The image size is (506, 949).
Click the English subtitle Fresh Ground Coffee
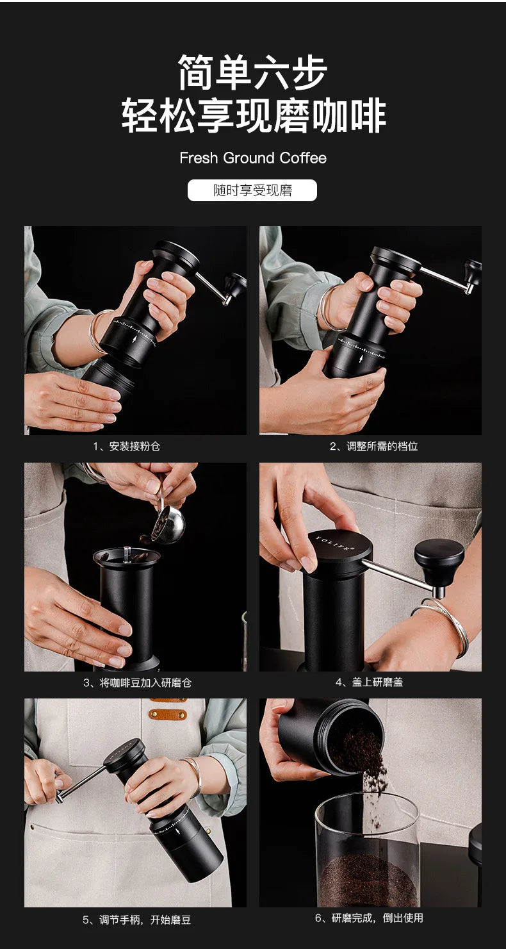[253, 158]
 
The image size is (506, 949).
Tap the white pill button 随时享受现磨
[252, 190]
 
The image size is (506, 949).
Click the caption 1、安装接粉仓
[127, 446]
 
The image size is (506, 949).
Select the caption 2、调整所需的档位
[374, 446]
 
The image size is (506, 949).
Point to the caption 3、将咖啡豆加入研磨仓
[137, 682]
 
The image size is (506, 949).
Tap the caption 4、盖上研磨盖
[369, 682]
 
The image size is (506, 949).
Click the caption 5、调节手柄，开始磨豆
[137, 920]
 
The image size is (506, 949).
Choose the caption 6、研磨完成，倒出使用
[369, 918]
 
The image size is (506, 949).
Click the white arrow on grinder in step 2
[361, 359]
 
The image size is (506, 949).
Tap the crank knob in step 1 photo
[235, 285]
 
